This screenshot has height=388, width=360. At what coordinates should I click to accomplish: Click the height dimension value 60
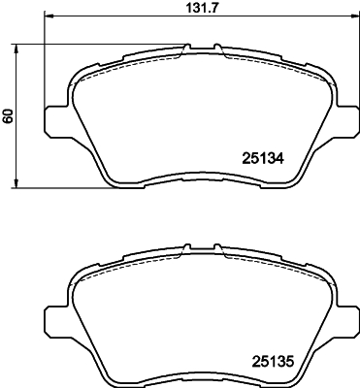[8, 115]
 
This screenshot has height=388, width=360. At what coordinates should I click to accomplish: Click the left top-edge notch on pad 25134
[185, 48]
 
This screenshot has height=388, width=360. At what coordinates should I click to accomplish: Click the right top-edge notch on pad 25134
[217, 48]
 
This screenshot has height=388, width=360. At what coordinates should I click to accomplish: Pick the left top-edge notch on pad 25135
[185, 248]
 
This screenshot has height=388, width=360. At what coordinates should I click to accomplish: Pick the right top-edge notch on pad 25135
[217, 248]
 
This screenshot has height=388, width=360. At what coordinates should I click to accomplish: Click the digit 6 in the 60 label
[8, 119]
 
